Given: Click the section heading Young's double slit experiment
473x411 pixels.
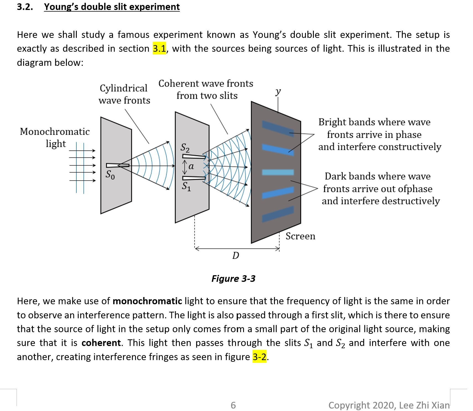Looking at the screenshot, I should point(112,7).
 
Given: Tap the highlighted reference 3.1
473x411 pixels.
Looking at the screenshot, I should point(159,49).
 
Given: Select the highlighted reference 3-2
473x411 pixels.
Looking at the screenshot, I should point(259,357).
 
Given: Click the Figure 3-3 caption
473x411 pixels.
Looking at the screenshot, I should point(233,278).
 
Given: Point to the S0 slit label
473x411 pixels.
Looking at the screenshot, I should point(110,175).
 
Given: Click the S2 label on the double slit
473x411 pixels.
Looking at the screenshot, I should point(185,147).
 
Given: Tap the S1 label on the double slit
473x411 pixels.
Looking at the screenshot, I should point(186,186).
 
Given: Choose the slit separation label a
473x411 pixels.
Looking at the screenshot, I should point(191,167).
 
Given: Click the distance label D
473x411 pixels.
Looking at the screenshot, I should point(235,255).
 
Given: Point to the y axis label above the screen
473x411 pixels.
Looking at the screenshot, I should point(278,91).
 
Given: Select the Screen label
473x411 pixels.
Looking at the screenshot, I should point(300,236).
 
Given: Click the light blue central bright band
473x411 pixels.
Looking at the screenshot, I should point(278,172).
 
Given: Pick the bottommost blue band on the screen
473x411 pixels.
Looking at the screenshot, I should point(277,214).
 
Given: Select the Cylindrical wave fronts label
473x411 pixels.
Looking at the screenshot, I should point(124,94).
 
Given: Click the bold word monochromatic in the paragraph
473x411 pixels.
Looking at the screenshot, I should point(147,301).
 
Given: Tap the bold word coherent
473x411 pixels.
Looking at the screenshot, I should point(101,343).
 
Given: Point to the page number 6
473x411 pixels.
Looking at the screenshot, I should point(233,405).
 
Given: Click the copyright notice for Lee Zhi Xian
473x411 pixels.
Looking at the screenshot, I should point(389,405).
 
